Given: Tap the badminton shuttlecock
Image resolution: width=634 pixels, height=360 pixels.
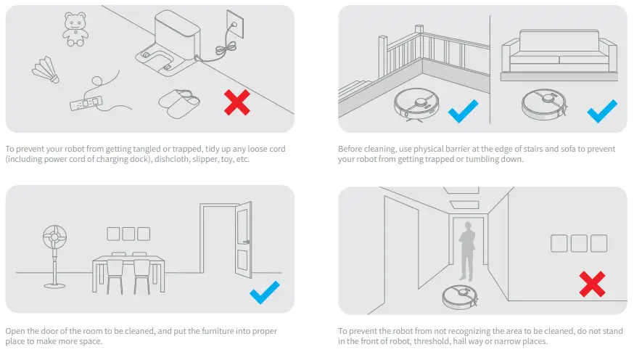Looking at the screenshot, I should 46,70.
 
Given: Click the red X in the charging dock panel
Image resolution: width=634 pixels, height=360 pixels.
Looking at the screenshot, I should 238,103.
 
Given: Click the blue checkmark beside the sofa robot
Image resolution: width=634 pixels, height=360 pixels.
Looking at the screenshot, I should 601,112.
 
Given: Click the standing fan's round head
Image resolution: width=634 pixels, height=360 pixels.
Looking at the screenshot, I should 54,239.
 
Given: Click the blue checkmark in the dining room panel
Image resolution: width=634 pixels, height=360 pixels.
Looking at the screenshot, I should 264,294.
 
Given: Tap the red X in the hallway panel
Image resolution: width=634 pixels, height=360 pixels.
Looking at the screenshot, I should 592,283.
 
